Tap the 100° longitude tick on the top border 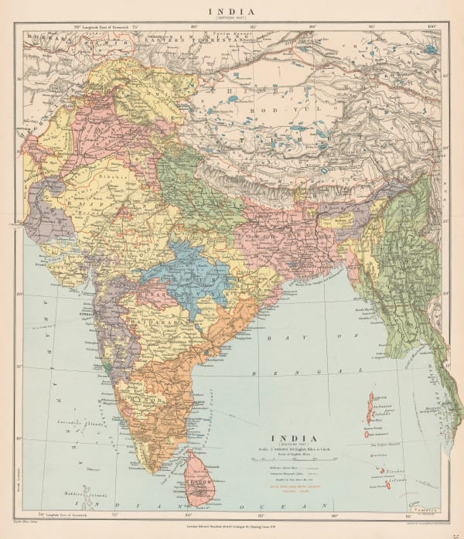pos(431,27)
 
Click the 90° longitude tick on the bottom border pos(334,514)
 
